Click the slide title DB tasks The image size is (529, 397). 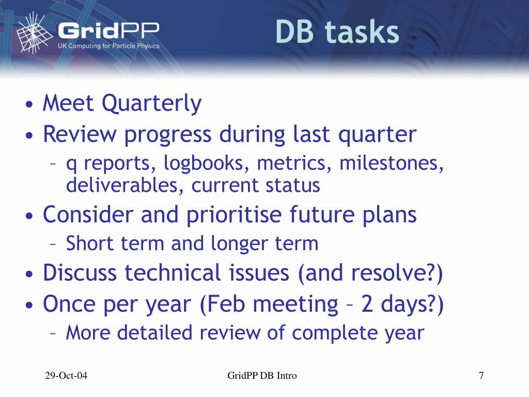pos(337,32)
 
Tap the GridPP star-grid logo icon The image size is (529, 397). pos(34,33)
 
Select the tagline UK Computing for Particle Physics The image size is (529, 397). pos(108,45)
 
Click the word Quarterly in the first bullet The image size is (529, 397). pos(151,103)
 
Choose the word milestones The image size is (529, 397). pos(391,163)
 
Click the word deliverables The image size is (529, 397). pos(125,185)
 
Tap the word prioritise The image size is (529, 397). pos(234,215)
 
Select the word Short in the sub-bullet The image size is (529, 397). pos(89,243)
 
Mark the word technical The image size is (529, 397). pos(173,272)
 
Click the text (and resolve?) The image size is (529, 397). pos(370,273)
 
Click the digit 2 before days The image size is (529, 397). pos(367,303)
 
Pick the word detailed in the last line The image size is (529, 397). pos(154,332)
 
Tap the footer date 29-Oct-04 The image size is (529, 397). pos(66,375)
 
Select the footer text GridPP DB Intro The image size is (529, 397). pos(262,375)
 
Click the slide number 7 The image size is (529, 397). pos(481,375)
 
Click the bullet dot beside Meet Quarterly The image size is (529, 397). pos(29,104)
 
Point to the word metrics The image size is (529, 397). pos(294,163)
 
